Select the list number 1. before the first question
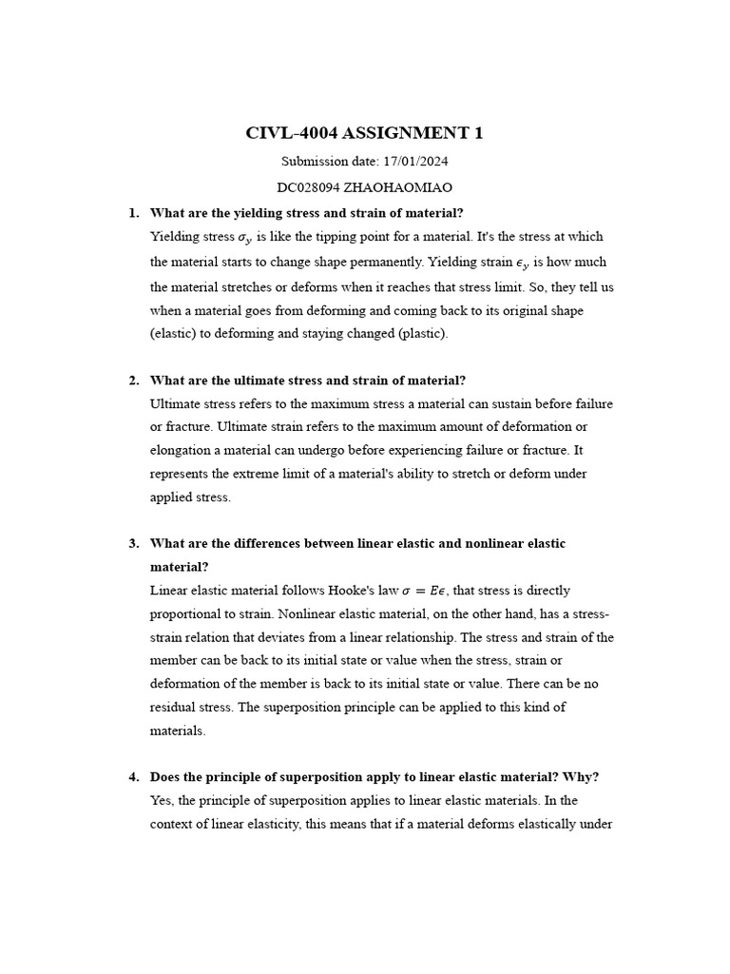pyautogui.click(x=134, y=212)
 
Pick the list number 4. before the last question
pyautogui.click(x=134, y=777)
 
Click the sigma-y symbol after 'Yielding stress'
pyautogui.click(x=246, y=238)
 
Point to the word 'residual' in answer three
pyautogui.click(x=173, y=708)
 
